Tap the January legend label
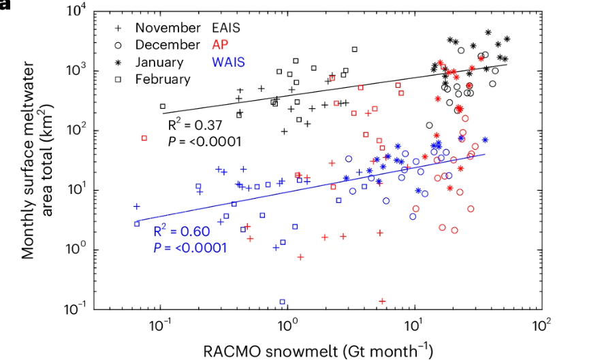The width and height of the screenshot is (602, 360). pyautogui.click(x=159, y=62)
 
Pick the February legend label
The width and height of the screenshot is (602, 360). pyautogui.click(x=163, y=79)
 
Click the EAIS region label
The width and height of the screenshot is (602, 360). pyautogui.click(x=227, y=28)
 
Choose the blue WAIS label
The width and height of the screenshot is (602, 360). pyautogui.click(x=228, y=62)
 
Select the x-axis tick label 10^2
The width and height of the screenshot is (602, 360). pyautogui.click(x=541, y=325)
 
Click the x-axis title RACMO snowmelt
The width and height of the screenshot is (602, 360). pyautogui.click(x=318, y=350)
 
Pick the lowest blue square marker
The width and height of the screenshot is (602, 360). pyautogui.click(x=282, y=301)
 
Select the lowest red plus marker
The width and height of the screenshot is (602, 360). pyautogui.click(x=382, y=301)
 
